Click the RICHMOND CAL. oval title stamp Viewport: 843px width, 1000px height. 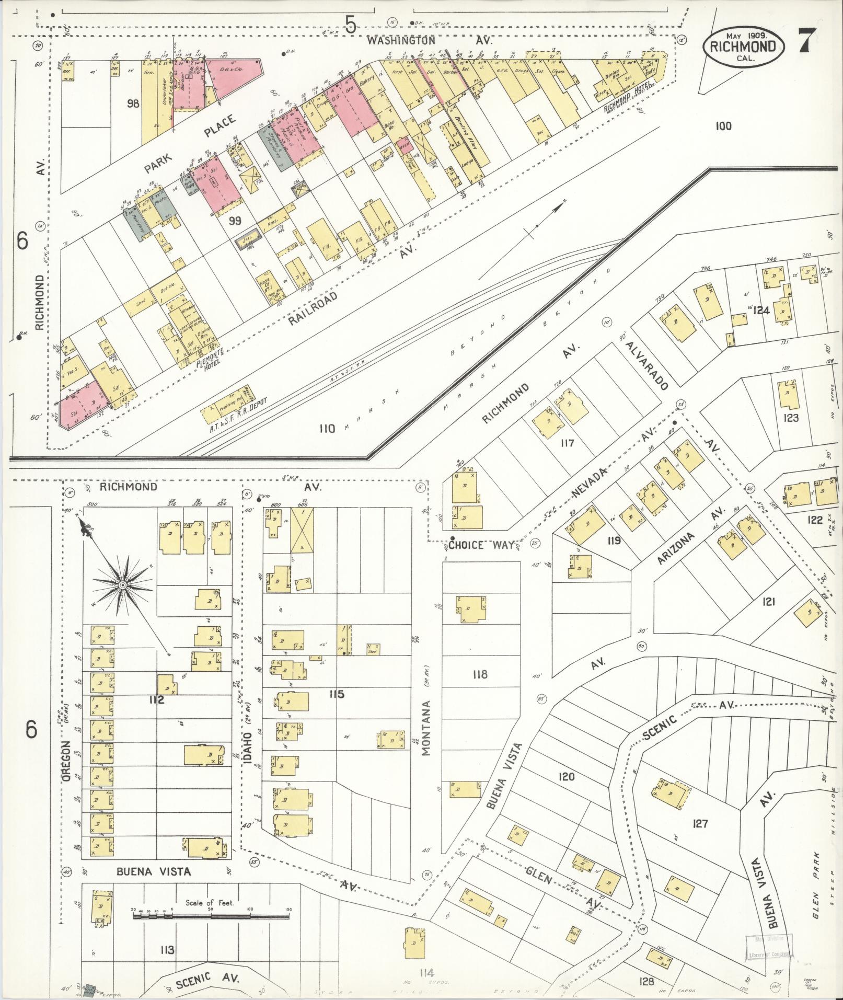[744, 46]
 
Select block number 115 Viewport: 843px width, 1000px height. [337, 694]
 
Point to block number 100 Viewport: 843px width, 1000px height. [724, 126]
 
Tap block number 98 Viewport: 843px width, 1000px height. [133, 104]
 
